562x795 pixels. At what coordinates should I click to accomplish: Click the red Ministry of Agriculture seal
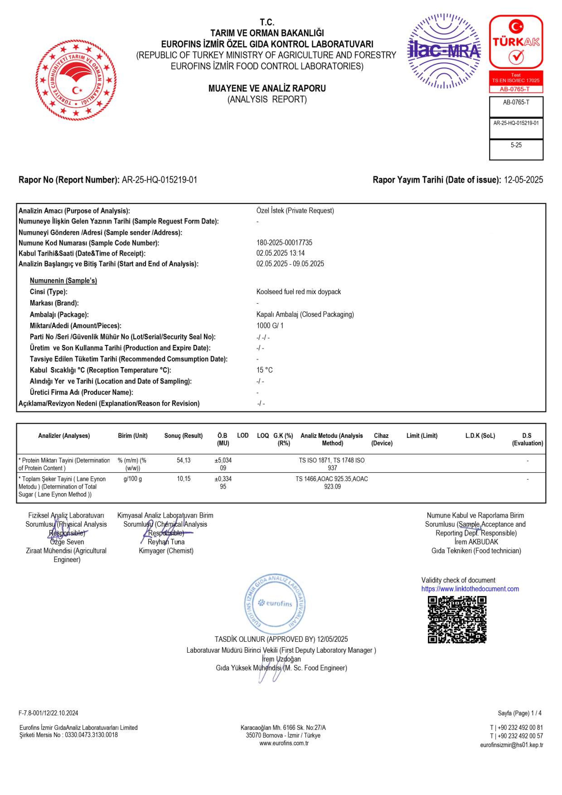coord(76,80)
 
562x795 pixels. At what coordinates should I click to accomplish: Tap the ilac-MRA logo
coord(444,51)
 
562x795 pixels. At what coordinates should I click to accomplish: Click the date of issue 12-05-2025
coord(523,180)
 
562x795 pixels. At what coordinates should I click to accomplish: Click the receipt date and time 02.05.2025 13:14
coord(280,253)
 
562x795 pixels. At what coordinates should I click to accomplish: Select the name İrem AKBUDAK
coord(476,542)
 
